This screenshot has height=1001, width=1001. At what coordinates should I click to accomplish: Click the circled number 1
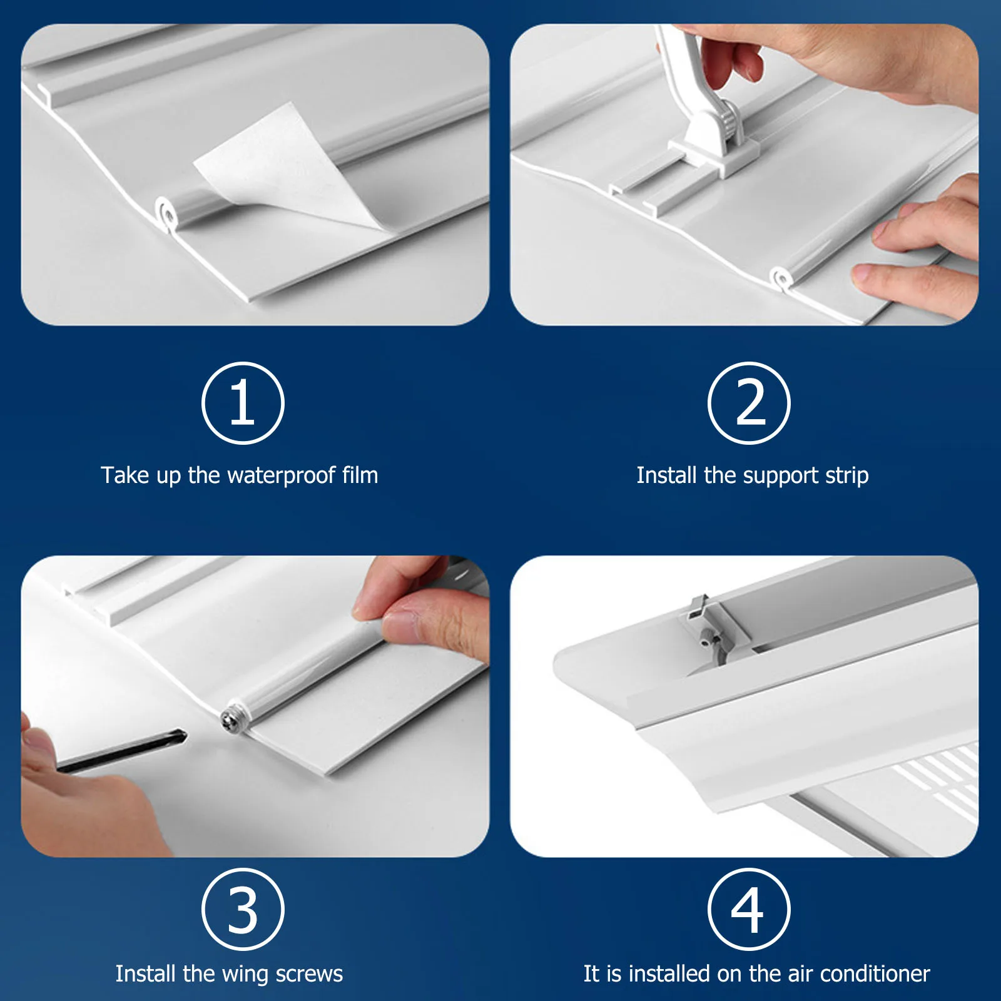[243, 403]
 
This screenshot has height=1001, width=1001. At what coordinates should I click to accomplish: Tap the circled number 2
[749, 403]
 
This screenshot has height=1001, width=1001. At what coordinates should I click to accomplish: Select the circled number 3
[243, 909]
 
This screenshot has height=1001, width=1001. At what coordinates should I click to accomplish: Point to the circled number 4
[749, 909]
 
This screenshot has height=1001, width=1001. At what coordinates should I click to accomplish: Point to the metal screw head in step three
[235, 718]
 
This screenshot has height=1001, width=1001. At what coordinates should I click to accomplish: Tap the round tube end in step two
[780, 278]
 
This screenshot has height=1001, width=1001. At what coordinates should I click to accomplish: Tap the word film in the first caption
[360, 476]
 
